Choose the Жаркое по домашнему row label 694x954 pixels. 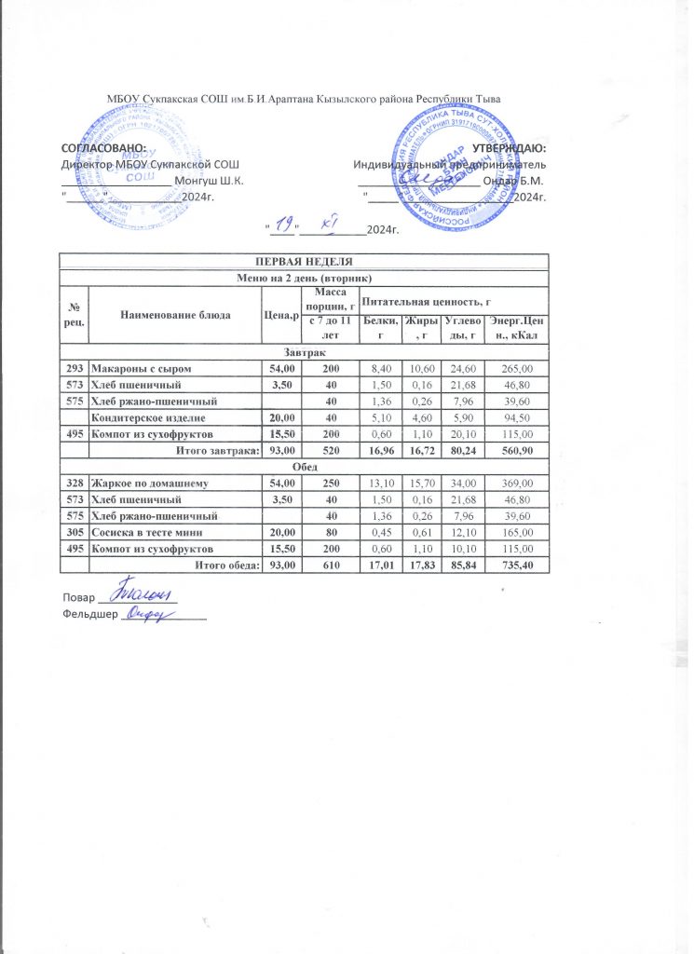click(x=155, y=484)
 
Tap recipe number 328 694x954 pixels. click(x=74, y=484)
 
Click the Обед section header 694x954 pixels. click(x=304, y=468)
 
